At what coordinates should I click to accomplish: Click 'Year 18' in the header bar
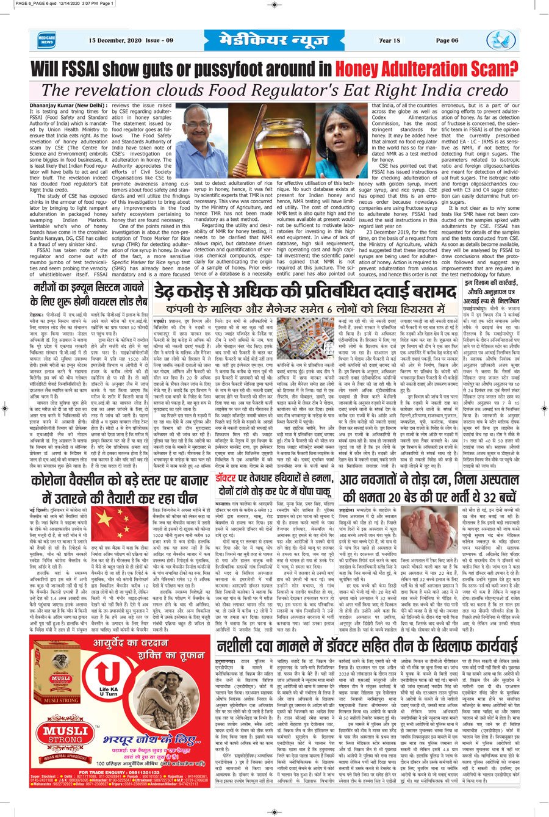[x=389, y=41]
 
